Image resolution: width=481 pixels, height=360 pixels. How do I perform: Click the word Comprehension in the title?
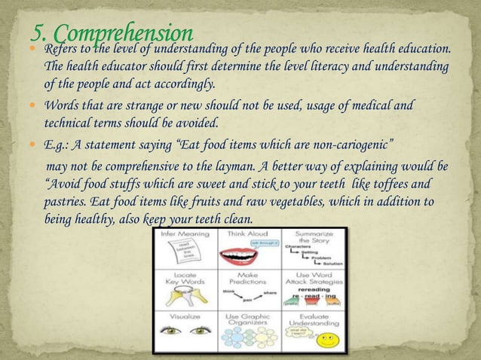pos(124,34)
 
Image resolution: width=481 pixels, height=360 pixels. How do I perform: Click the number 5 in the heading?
pos(38,32)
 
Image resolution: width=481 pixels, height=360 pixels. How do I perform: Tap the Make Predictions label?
pos(248,278)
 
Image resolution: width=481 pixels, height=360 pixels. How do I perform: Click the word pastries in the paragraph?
pos(65,202)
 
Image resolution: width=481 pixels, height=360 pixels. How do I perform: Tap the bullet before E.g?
pos(33,144)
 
